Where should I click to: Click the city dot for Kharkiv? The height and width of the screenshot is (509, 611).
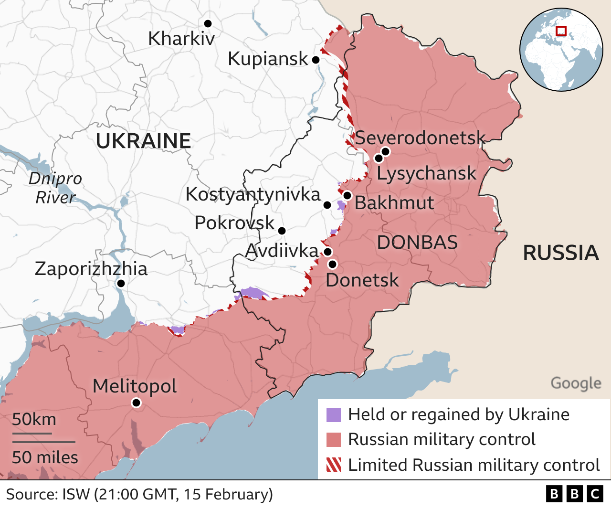click(x=208, y=23)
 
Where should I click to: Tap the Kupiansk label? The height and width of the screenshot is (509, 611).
click(x=268, y=59)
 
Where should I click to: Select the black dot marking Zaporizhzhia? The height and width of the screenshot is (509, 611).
click(x=121, y=284)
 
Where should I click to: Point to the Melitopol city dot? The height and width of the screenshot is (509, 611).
click(x=136, y=403)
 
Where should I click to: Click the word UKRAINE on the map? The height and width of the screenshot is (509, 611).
click(x=143, y=141)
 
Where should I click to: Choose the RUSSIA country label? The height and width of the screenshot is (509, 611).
click(x=561, y=253)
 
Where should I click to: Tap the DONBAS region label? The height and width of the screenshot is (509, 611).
click(x=417, y=243)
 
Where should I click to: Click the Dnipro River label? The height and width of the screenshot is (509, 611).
click(x=55, y=188)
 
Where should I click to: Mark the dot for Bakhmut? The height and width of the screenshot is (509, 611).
click(x=347, y=195)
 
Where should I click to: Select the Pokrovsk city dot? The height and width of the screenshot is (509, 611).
click(x=282, y=231)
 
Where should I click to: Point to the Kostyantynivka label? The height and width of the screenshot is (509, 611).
click(x=253, y=194)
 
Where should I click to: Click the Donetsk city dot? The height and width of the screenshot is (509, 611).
click(x=332, y=264)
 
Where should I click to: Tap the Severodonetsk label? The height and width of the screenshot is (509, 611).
click(x=420, y=138)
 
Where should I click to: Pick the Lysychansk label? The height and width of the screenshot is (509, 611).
click(x=426, y=173)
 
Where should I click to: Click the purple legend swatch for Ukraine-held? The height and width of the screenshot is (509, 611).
click(x=334, y=415)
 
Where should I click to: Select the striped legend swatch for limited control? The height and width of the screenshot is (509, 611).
click(x=334, y=465)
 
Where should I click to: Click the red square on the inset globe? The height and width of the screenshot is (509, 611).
click(x=561, y=31)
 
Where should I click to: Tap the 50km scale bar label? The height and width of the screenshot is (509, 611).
click(x=34, y=419)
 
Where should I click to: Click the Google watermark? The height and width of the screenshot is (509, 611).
click(x=576, y=383)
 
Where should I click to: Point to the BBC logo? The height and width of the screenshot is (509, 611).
click(x=574, y=494)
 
